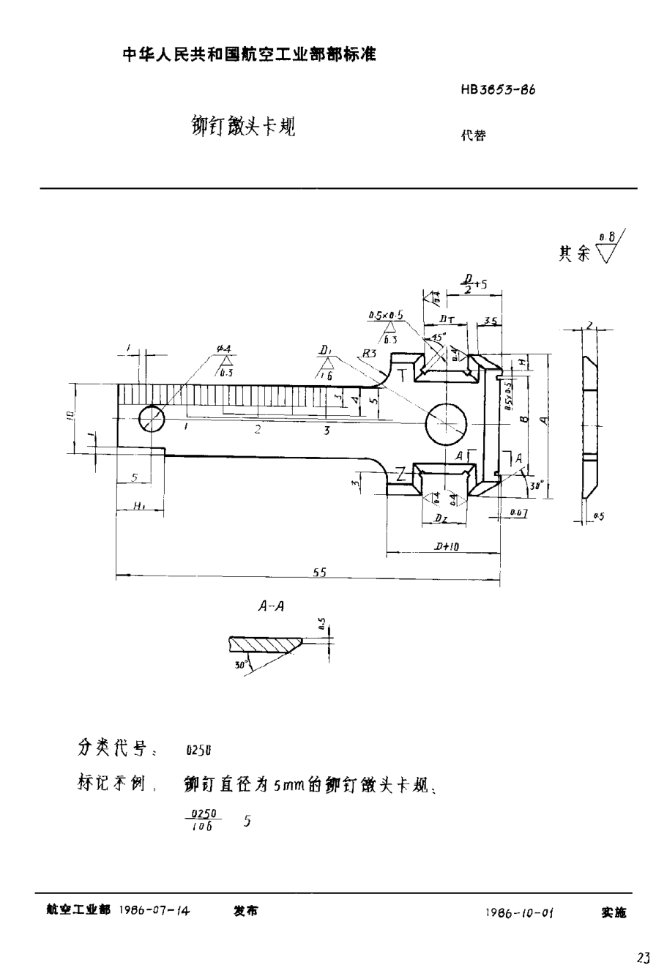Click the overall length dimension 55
coord(319,573)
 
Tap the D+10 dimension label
coord(446,546)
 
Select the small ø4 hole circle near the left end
coord(152,419)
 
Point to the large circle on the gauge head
coord(445,423)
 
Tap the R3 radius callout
coord(370,353)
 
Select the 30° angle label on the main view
coord(538,484)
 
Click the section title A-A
coord(272,606)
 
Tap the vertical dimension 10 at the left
coord(68,415)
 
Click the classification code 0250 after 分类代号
coord(198,751)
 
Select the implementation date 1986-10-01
coord(518,912)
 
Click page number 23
coord(643,957)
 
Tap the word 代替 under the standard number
coord(473,135)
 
